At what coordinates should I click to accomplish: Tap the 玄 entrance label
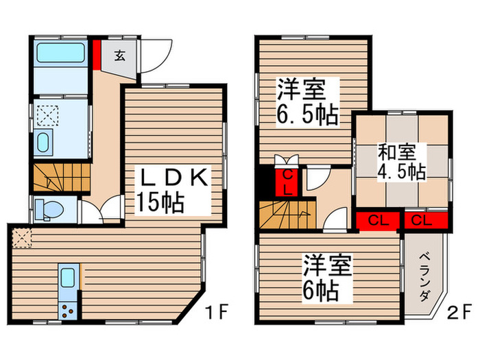coord(119,56)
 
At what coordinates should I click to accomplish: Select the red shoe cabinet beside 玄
coord(97,55)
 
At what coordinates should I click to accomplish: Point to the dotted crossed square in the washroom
coord(47,117)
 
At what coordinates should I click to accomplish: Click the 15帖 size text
coord(162,203)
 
